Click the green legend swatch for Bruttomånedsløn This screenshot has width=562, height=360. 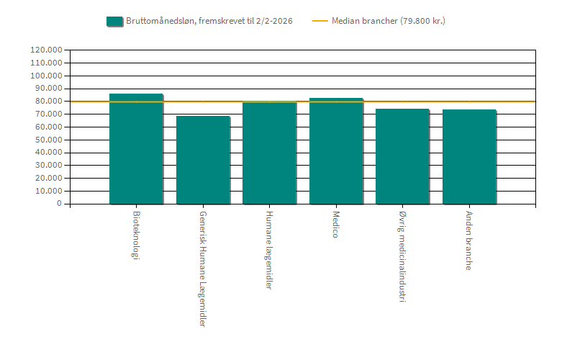point(114,21)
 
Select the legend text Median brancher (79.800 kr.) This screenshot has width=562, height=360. point(388,21)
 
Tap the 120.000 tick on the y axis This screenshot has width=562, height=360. point(45,50)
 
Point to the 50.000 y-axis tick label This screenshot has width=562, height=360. point(47,140)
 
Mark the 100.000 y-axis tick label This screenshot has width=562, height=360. point(45,76)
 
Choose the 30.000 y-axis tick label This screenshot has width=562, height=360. point(47,166)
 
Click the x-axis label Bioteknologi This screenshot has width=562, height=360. point(136,235)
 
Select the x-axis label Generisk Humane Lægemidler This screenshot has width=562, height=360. point(203,269)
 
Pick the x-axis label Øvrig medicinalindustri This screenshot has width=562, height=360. point(402,256)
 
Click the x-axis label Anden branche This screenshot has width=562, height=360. point(469,240)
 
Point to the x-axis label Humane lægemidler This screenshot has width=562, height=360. point(269,250)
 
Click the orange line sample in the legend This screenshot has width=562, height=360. point(319,21)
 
